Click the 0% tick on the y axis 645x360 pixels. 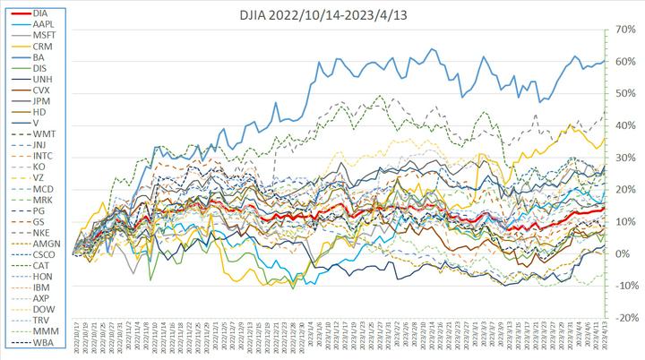[621, 254]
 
